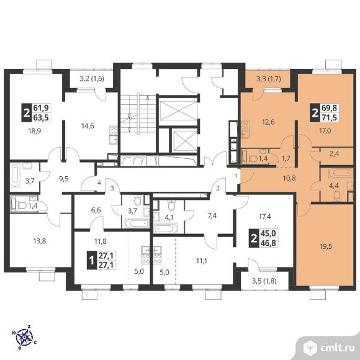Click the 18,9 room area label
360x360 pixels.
pos(34,131)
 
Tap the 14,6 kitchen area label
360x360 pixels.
pos(88,126)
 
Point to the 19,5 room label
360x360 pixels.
pos(326,247)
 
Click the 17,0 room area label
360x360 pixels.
pos(325,131)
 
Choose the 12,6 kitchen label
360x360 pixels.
pos(268,122)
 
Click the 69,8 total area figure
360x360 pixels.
pos(330,107)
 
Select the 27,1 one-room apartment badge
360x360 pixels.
pos(101,260)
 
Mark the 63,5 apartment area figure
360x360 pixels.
pos(41,117)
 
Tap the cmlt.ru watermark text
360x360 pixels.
pos(338,348)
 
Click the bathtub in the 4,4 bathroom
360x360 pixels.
pos(340,173)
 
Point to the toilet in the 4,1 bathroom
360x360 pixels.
pos(171,205)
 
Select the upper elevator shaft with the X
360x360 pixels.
pos(178,111)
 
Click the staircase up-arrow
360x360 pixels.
pos(148,98)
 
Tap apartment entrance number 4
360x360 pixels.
pos(99,182)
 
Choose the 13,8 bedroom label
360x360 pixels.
pos(40,241)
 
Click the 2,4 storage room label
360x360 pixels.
pos(334,154)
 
